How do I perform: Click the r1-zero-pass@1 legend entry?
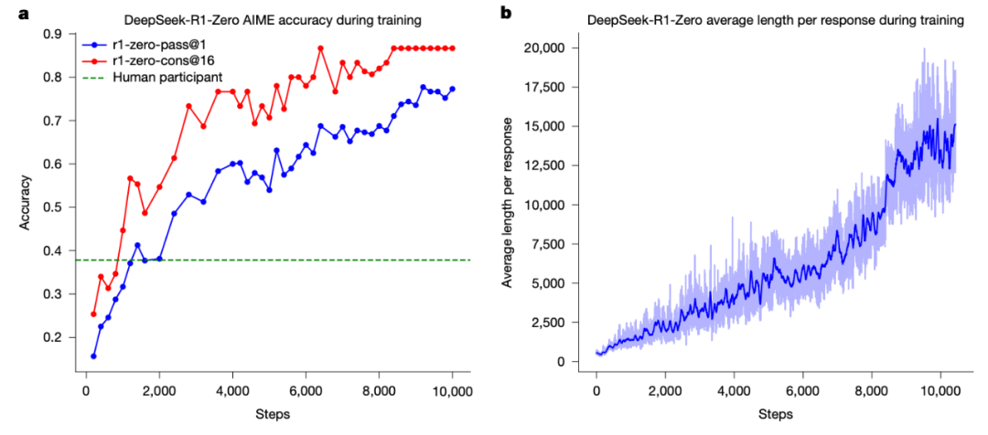tap(150, 44)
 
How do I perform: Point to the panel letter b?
tap(505, 12)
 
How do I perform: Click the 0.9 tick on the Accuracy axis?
tap(54, 34)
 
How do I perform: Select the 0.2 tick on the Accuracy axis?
tap(54, 337)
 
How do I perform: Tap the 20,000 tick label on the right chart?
tap(553, 48)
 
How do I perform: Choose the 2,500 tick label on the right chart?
tap(556, 323)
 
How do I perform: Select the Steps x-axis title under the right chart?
tap(776, 414)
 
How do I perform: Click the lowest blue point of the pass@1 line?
tap(93, 355)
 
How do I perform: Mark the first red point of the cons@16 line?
tap(93, 314)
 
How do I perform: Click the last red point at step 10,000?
tap(452, 48)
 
